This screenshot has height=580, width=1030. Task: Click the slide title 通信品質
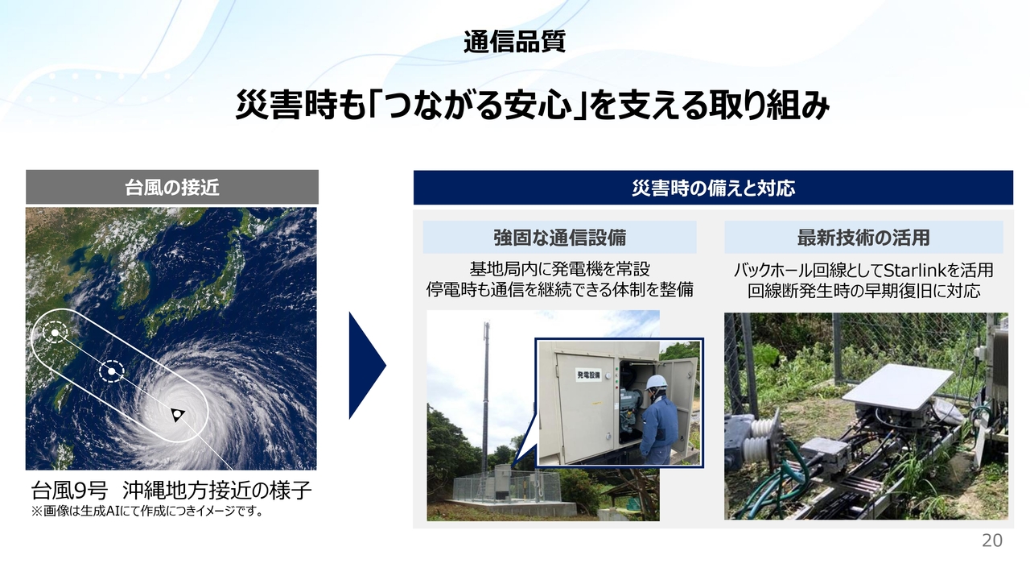point(514,42)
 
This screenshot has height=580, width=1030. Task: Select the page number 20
point(992,541)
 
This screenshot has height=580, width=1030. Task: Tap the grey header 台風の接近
point(172,188)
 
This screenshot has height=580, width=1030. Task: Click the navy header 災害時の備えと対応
point(713,188)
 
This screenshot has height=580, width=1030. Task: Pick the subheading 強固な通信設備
point(559,238)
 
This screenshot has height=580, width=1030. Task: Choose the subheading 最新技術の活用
point(863,238)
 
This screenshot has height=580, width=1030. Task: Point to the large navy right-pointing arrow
point(367,366)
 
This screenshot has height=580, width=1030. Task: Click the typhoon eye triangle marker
point(177,414)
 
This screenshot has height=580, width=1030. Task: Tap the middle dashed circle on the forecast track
point(112,371)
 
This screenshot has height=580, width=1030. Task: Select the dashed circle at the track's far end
point(55,333)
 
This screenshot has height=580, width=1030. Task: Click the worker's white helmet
point(656,383)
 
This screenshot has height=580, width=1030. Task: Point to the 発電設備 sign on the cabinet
point(588,375)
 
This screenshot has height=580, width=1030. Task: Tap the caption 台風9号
point(69,491)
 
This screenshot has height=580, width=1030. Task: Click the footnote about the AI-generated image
point(147,512)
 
